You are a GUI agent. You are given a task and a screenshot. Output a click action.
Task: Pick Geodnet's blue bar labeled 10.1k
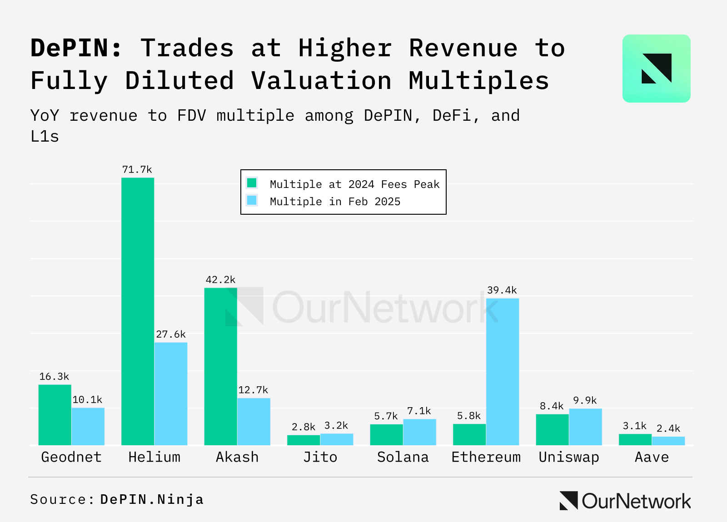88,426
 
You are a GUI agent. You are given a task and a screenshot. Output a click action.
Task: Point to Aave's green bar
635,439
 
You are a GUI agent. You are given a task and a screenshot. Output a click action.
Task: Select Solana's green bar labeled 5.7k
386,434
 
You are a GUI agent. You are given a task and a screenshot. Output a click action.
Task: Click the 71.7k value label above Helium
137,170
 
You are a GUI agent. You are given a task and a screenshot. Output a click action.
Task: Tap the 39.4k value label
502,290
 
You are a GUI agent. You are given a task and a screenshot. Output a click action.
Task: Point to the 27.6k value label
171,335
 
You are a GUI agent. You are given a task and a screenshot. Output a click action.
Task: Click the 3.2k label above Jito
336,426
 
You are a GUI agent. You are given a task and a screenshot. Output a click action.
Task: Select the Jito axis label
320,457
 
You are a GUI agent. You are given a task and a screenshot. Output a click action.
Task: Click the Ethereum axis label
486,457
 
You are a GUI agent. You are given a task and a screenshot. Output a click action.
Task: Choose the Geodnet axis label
71,457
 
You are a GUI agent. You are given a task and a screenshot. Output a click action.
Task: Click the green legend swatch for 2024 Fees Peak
252,183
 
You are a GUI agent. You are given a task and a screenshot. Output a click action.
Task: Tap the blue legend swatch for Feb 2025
252,200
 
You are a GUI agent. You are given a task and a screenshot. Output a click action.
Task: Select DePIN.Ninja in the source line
152,499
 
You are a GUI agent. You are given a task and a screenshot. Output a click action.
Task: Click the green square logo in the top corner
656,69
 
